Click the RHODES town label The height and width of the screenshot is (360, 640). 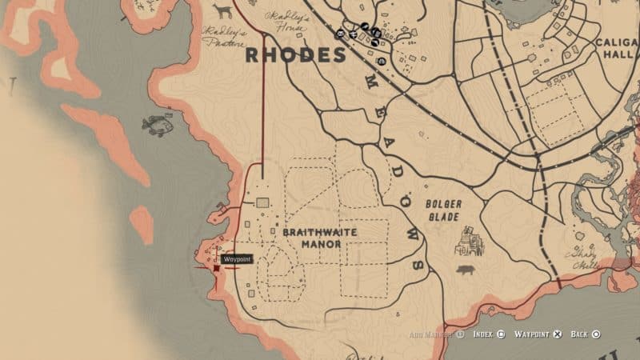pyautogui.click(x=294, y=55)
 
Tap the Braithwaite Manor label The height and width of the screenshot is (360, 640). pyautogui.click(x=319, y=238)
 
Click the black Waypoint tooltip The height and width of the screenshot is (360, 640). pyautogui.click(x=238, y=259)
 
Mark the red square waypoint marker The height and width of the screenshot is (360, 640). pyautogui.click(x=216, y=270)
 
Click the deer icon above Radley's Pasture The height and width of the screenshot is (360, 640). pyautogui.click(x=222, y=10)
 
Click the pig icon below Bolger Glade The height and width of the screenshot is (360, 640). pyautogui.click(x=465, y=270)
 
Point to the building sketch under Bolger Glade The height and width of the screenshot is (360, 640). pyautogui.click(x=468, y=239)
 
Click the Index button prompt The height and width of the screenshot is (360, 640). pyautogui.click(x=487, y=334)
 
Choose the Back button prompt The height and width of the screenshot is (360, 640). pyautogui.click(x=584, y=334)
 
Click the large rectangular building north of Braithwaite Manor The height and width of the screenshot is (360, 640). pyautogui.click(x=262, y=204)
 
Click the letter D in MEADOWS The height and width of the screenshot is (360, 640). pyautogui.click(x=394, y=174)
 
